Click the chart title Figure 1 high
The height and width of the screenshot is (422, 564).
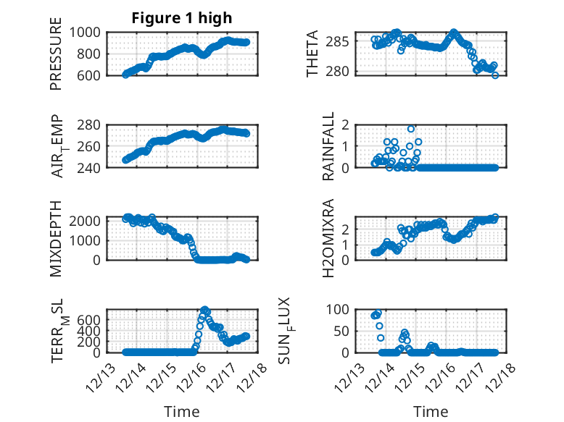coord(182,18)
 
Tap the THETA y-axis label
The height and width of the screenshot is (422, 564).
coord(312,54)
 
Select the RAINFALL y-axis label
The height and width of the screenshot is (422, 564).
coord(329,146)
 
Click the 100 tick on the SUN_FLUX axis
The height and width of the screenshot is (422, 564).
coord(341,309)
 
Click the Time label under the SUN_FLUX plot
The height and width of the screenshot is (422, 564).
coord(431,412)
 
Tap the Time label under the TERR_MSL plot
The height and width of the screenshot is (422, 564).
coord(182,412)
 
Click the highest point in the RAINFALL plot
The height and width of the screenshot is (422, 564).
coord(411,129)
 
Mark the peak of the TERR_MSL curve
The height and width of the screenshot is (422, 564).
coord(204,310)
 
